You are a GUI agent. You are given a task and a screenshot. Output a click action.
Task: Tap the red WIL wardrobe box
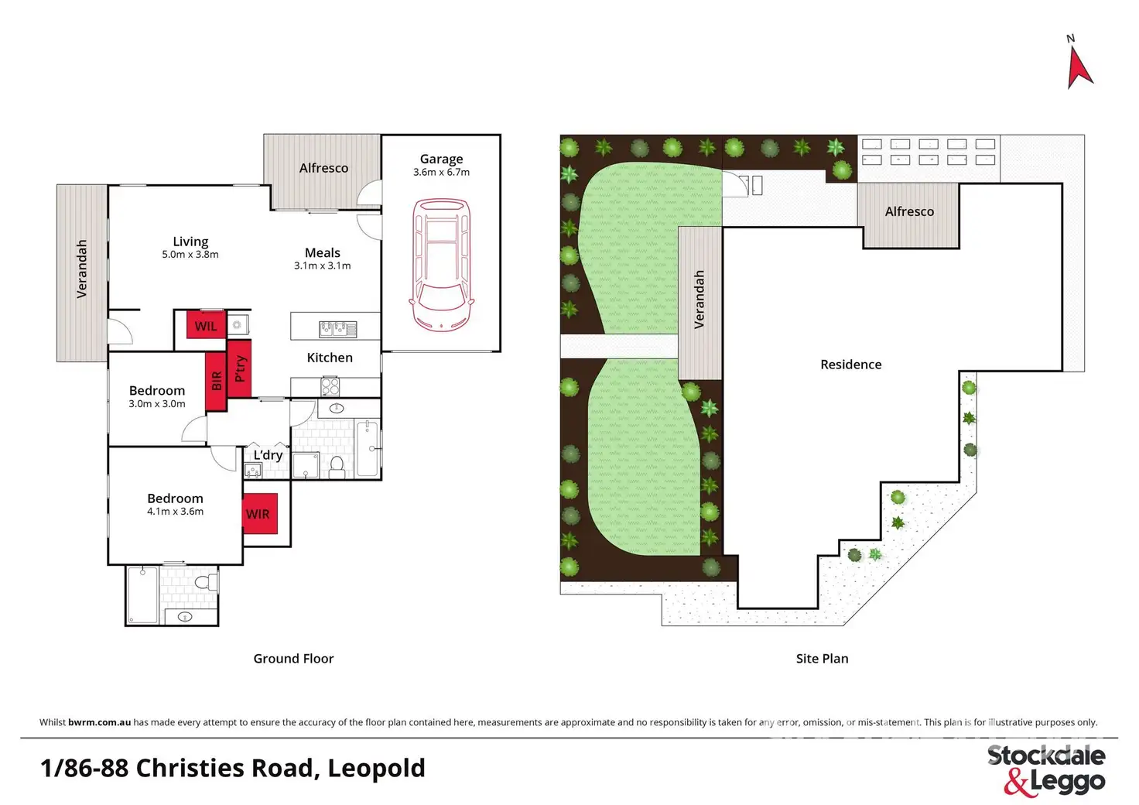(x=206, y=325)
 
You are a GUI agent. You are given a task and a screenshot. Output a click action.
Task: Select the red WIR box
(x=260, y=514)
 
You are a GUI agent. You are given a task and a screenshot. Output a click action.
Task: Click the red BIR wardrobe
(x=216, y=382)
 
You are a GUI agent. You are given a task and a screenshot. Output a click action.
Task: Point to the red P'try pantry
(x=239, y=368)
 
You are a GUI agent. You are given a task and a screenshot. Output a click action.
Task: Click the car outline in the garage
(x=441, y=265)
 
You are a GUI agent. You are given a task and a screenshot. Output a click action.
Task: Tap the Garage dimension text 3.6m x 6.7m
(x=441, y=172)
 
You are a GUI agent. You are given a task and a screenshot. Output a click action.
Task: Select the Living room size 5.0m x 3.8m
(x=190, y=254)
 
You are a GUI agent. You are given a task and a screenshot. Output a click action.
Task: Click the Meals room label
(x=323, y=253)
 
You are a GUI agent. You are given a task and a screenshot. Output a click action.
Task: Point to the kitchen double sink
(x=337, y=329)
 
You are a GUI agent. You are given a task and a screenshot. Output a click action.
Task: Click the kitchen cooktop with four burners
(x=330, y=386)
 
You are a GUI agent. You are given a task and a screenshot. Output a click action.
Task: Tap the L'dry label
(x=268, y=454)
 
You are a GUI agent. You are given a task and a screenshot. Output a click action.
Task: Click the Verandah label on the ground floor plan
(x=81, y=269)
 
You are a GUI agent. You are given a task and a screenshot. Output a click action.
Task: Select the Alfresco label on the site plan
(x=909, y=211)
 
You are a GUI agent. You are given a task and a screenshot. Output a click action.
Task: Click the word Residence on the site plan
(x=850, y=365)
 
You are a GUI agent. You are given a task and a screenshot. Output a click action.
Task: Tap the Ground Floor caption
(x=293, y=659)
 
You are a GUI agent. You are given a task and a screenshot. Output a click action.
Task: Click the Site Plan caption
(x=822, y=659)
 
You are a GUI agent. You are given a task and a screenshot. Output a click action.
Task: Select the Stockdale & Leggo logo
(x=1046, y=770)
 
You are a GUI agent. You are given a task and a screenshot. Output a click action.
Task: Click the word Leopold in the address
(x=376, y=768)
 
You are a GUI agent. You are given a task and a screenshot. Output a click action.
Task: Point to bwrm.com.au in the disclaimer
(x=100, y=722)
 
